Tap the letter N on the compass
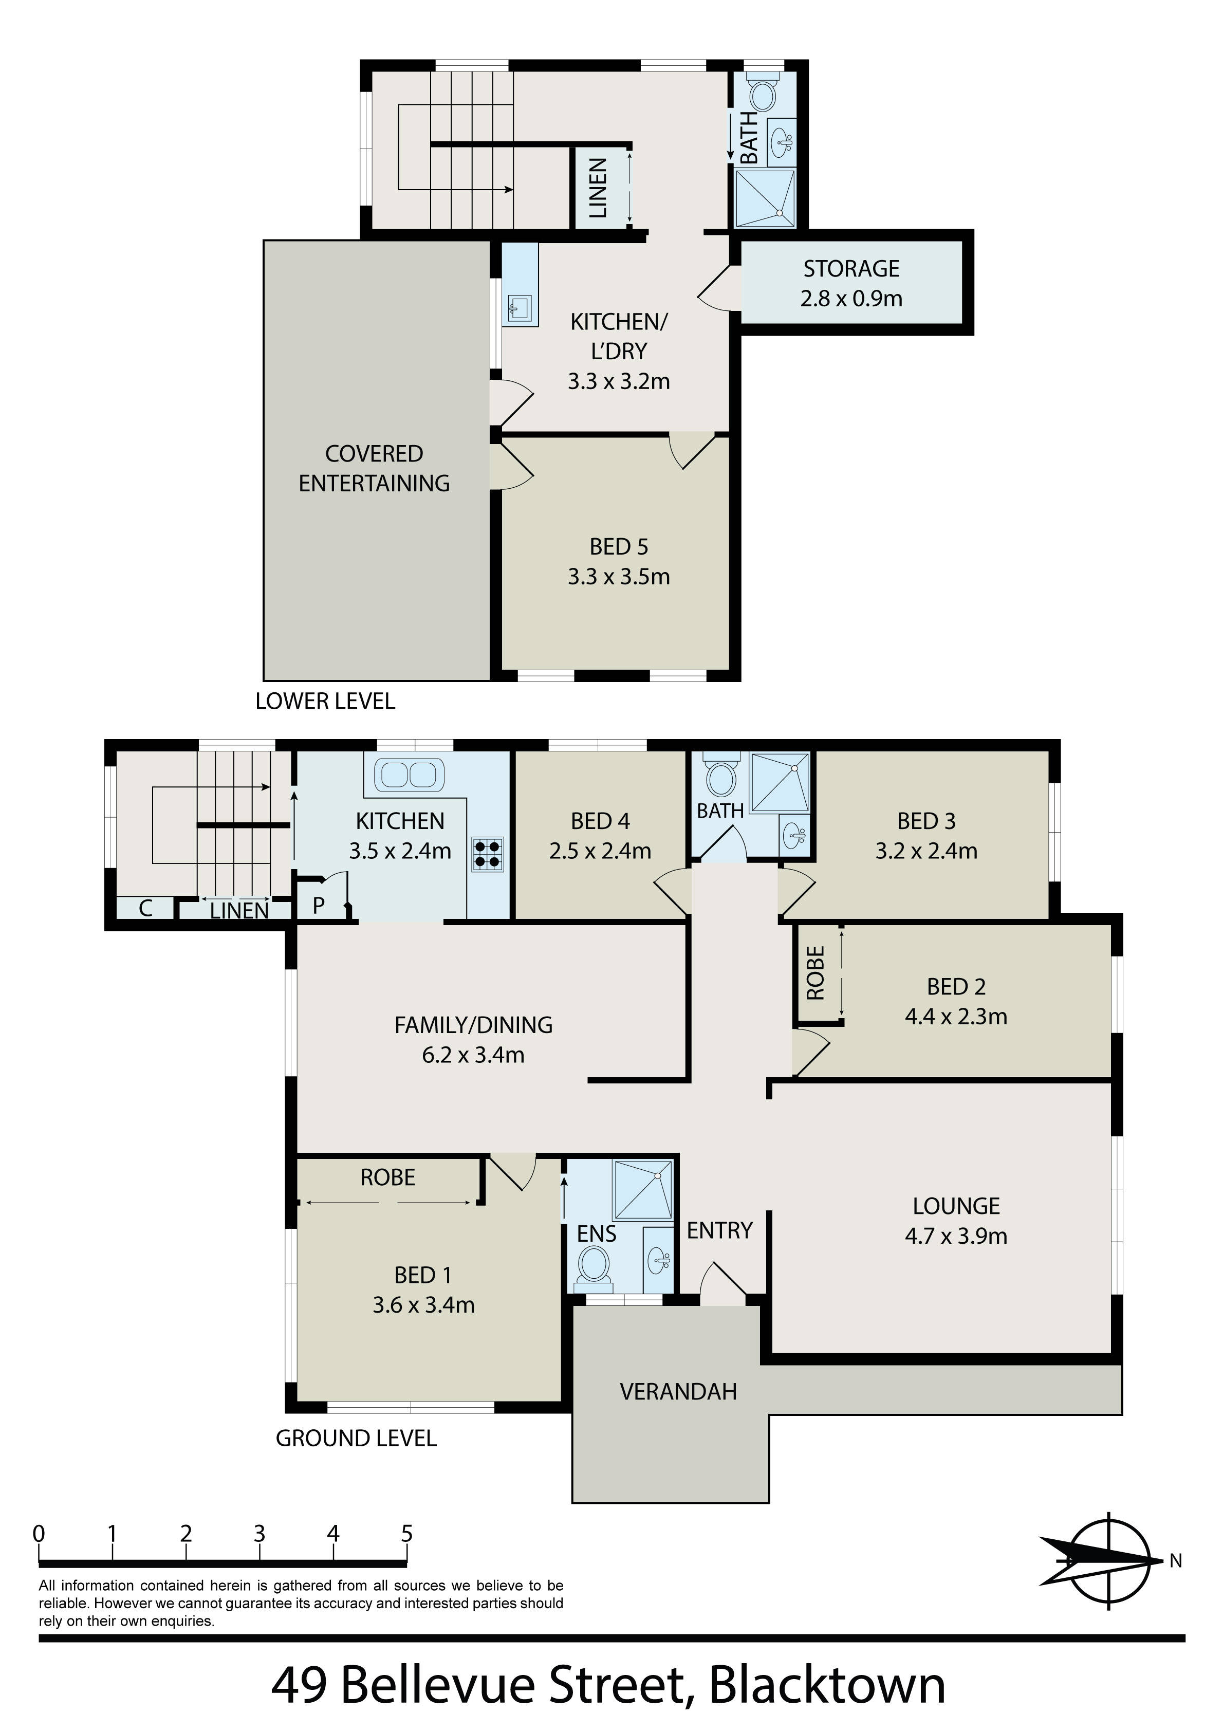click(x=1175, y=1561)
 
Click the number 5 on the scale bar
click(x=407, y=1534)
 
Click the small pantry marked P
click(x=320, y=905)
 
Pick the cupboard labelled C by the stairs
click(x=145, y=909)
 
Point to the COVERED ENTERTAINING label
click(x=374, y=468)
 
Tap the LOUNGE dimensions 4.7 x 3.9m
click(x=956, y=1236)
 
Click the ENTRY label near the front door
click(x=719, y=1230)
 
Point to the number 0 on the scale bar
click(x=39, y=1534)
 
